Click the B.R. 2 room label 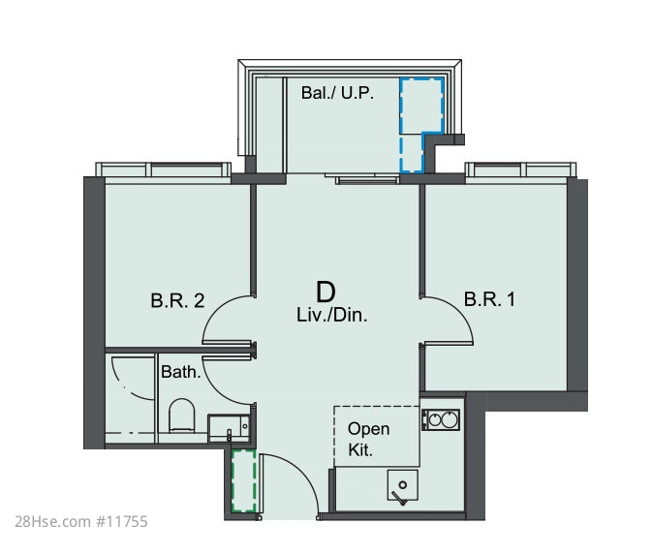coord(177,300)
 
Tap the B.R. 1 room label coord(490,299)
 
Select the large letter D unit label coord(326,292)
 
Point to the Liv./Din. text coord(332,315)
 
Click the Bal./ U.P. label coord(337,92)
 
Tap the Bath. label coord(181,372)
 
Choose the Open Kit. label coord(368,439)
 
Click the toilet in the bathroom coord(181,415)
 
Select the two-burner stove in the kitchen coord(441,419)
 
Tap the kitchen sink coord(403,486)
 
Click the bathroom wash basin coord(229,428)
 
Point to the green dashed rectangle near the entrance coord(243,480)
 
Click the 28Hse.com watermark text coord(53,521)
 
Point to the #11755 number coord(122,521)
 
